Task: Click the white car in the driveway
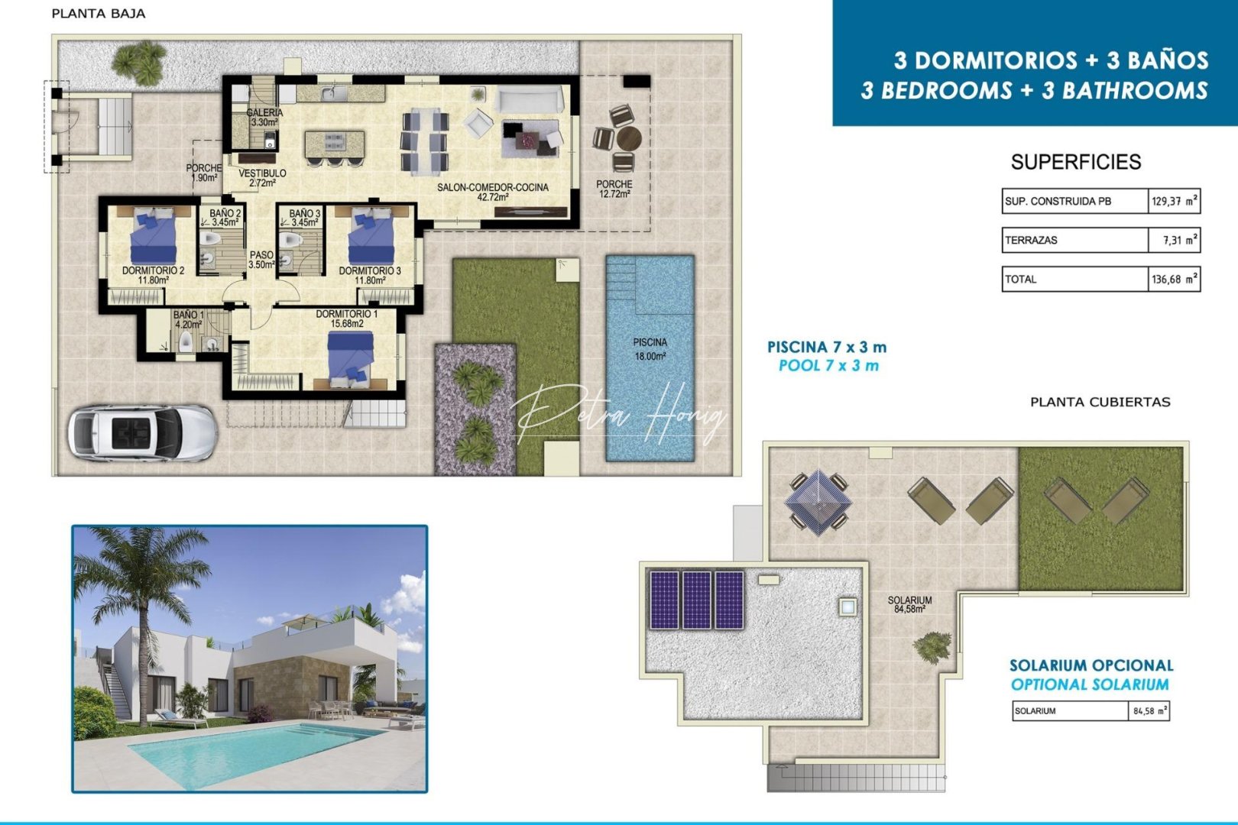pyautogui.click(x=142, y=433)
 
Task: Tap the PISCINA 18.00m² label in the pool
pyautogui.click(x=650, y=349)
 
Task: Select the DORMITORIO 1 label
pyautogui.click(x=346, y=319)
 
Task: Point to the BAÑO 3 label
pyautogui.click(x=304, y=218)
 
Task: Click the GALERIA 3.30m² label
pyautogui.click(x=264, y=117)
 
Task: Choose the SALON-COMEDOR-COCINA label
pyautogui.click(x=492, y=192)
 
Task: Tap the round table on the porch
pyautogui.click(x=629, y=139)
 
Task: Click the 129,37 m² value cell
pyautogui.click(x=1174, y=202)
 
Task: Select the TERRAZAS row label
pyautogui.click(x=1031, y=240)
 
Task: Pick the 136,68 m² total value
pyautogui.click(x=1174, y=280)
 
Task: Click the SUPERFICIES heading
pyautogui.click(x=1075, y=162)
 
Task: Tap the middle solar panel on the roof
pyautogui.click(x=696, y=600)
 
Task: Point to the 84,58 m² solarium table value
pyautogui.click(x=1149, y=711)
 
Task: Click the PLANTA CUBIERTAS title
pyautogui.click(x=1100, y=402)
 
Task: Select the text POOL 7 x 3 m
pyautogui.click(x=828, y=366)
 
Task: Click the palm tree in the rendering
pyautogui.click(x=134, y=581)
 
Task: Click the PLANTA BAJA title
pyautogui.click(x=98, y=14)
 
